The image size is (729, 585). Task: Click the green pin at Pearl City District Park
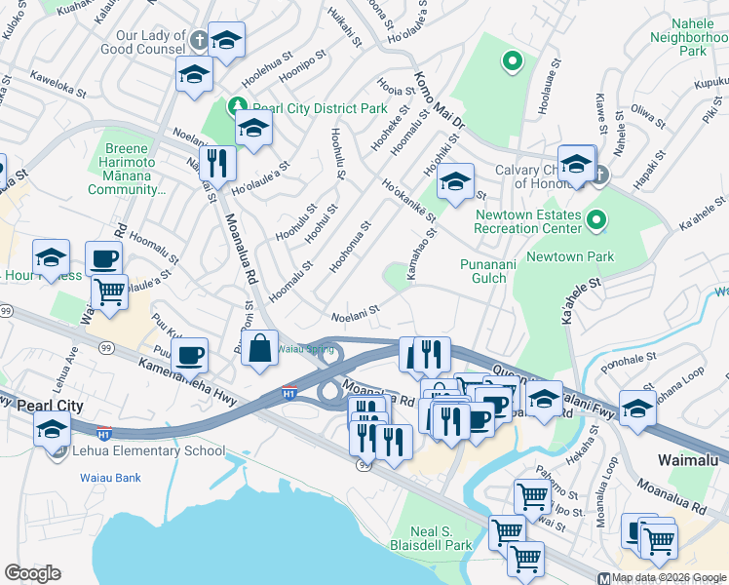237,105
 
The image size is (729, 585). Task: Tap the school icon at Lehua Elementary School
52,428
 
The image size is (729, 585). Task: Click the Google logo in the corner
32,573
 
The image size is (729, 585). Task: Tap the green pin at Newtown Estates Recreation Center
596,221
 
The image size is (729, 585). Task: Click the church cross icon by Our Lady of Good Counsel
199,40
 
